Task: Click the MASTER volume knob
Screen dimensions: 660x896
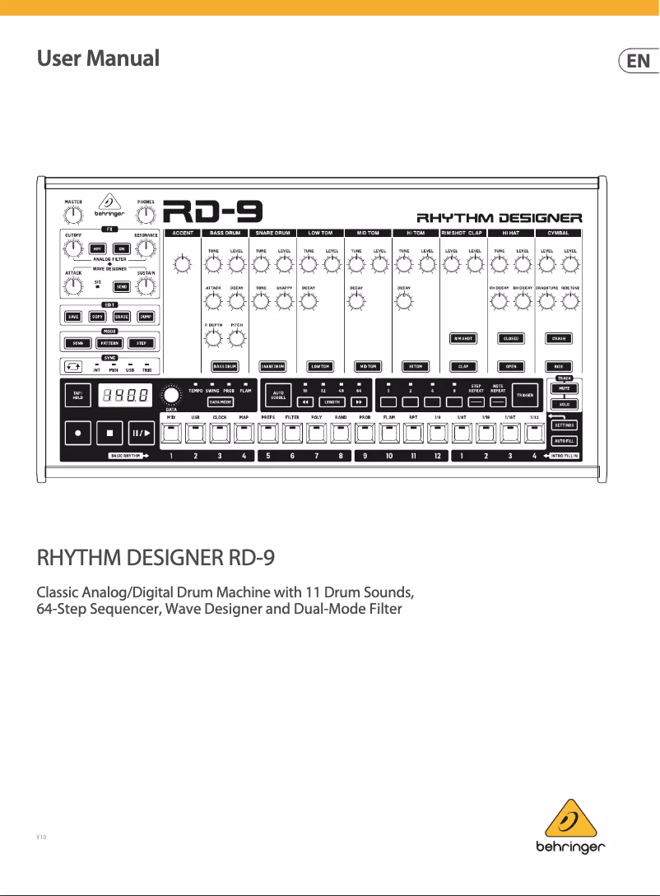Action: tap(73, 216)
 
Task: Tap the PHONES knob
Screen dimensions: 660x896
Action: tap(146, 216)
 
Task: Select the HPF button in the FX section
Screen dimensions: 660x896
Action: tap(99, 248)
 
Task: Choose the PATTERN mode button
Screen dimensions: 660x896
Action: tap(109, 342)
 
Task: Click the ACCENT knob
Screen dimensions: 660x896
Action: tap(183, 265)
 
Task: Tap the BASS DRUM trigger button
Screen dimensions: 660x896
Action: tap(225, 366)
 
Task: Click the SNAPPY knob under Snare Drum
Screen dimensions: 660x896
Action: tap(286, 302)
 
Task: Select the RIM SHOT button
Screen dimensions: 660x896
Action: tap(463, 338)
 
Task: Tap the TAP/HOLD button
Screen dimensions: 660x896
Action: tap(77, 396)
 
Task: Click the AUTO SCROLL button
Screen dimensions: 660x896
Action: tap(277, 396)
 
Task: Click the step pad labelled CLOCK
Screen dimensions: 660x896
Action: tap(220, 434)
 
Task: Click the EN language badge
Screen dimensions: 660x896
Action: tap(638, 61)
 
